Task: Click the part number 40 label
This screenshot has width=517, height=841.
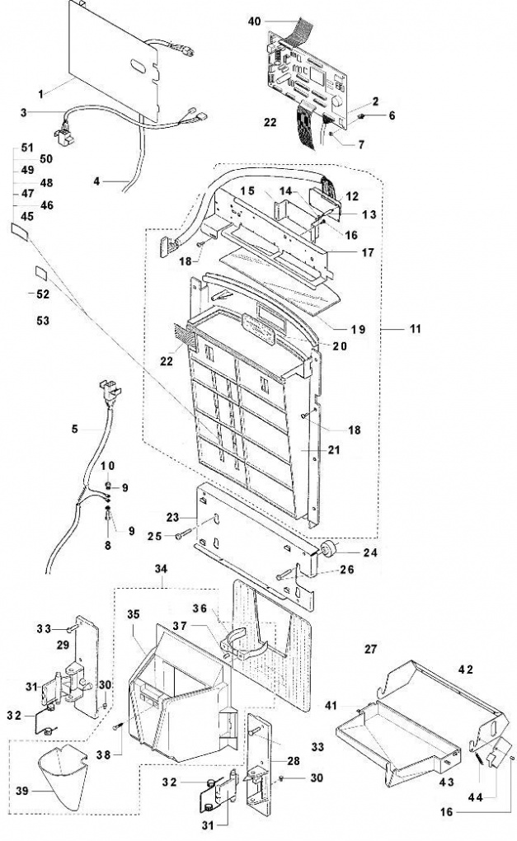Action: pyautogui.click(x=254, y=21)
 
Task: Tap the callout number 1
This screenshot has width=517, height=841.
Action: pyautogui.click(x=40, y=94)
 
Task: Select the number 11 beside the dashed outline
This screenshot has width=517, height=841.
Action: pyautogui.click(x=415, y=328)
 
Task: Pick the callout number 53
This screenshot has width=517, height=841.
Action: pyautogui.click(x=42, y=320)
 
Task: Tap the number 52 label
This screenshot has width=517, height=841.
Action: pyautogui.click(x=42, y=294)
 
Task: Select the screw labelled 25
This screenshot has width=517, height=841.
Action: pyautogui.click(x=183, y=535)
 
